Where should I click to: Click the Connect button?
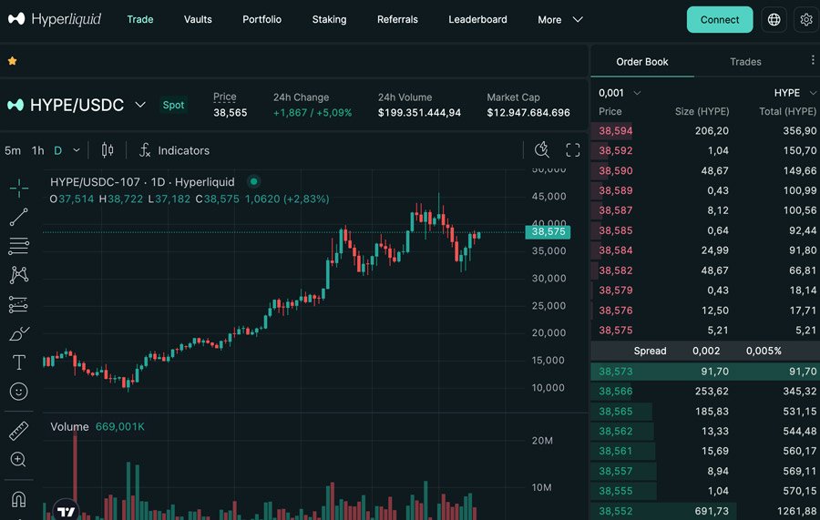coord(720,19)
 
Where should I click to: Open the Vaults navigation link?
coord(198,19)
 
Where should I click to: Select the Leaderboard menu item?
coord(477,19)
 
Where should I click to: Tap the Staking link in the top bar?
coord(329,19)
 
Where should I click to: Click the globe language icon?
coord(774,19)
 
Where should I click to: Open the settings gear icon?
coord(805,19)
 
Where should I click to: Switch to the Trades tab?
coord(745,62)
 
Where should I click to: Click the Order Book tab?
coord(642,62)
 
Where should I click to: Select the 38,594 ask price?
coord(616,131)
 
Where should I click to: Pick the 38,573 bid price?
coord(616,372)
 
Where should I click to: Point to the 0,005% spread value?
coord(764,351)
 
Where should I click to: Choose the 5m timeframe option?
coord(13,150)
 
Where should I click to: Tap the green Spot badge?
coord(173,105)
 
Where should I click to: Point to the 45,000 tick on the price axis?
coord(549,197)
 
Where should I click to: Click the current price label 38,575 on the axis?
coord(548,232)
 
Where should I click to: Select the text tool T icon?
coord(18,362)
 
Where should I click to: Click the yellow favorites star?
coord(12,61)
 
